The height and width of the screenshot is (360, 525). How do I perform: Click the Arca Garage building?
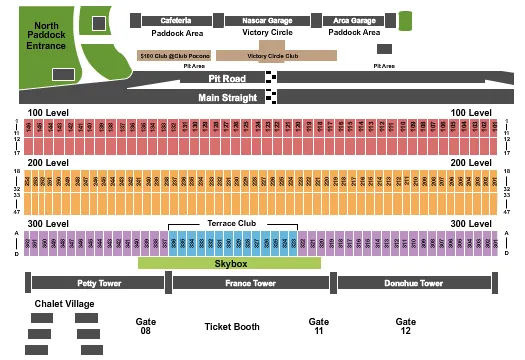pos(349,20)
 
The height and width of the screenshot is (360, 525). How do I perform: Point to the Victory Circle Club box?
pos(272,57)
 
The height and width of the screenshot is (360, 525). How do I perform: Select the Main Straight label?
pos(228,97)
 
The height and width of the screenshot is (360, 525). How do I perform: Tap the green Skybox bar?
pos(229,263)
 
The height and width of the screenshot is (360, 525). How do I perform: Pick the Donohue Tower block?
pos(413,283)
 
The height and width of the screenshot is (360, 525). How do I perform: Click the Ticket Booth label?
pos(232,326)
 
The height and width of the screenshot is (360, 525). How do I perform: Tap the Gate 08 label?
pos(145,326)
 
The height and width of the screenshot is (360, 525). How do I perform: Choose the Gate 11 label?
pos(319,326)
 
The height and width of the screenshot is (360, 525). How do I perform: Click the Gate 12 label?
pos(405,326)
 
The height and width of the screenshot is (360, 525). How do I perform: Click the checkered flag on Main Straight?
pos(272,97)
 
